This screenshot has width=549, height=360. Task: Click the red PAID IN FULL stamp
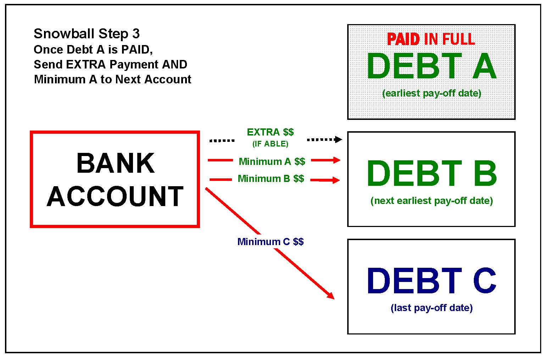tap(431, 39)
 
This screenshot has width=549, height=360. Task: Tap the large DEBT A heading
tap(431, 66)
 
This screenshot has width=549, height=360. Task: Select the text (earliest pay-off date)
tap(432, 93)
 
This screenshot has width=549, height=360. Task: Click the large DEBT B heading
tap(432, 174)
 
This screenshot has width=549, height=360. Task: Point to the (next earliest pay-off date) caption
tap(432, 201)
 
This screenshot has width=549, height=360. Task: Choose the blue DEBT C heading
tap(432, 281)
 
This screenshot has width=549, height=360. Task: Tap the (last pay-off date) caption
tap(432, 308)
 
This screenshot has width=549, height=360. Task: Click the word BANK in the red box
tap(115, 164)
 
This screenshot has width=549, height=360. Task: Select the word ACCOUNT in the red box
tap(115, 196)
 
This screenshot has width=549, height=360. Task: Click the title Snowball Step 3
tap(87, 34)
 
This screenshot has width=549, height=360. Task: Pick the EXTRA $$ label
tap(270, 132)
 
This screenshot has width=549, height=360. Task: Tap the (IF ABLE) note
tap(270, 144)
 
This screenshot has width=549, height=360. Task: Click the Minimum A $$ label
tap(272, 162)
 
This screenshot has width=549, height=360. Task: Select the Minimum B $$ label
tap(271, 178)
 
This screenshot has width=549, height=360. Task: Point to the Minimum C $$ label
tap(270, 242)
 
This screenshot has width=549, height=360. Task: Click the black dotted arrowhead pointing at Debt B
tap(338, 139)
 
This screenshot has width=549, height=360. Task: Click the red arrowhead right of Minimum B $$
tap(335, 180)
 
